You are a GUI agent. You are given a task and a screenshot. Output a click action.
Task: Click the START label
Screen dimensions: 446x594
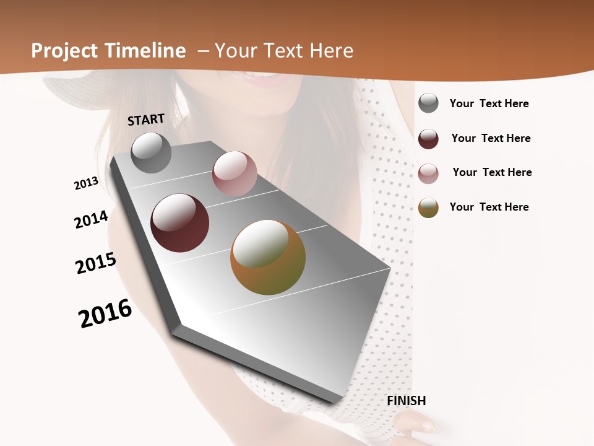pos(146,120)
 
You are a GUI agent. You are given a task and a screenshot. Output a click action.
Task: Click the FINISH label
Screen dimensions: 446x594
pos(406,401)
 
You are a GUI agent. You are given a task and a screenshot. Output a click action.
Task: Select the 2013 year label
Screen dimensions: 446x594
pos(86,183)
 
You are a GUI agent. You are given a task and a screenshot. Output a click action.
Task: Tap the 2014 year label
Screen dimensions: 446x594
pos(91,219)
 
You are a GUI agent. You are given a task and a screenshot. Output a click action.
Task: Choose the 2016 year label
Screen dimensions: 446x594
pos(105,313)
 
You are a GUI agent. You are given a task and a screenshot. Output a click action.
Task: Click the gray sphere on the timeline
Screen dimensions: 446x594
pos(152,152)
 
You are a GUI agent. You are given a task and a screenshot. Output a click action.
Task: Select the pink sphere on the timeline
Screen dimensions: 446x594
pos(235,173)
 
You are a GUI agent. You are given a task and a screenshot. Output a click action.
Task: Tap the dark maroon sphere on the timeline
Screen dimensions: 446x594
pos(179,223)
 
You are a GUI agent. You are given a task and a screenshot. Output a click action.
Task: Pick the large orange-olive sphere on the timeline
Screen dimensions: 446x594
pos(268,257)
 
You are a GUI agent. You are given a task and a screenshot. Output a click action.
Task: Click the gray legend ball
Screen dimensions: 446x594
pos(428,103)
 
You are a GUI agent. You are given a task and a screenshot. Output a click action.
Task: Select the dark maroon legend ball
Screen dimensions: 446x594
pos(428,139)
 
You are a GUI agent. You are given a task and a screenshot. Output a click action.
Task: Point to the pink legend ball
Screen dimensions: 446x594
pos(428,173)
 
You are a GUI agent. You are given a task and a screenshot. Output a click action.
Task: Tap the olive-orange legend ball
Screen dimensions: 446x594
pos(428,208)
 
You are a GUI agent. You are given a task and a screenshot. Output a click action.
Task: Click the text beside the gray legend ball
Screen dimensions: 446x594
pos(489,104)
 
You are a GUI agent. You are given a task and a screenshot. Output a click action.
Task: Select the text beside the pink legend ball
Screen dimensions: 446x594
pos(492,172)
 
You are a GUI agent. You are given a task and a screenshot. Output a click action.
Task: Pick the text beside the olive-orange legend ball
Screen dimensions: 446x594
pos(489,207)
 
